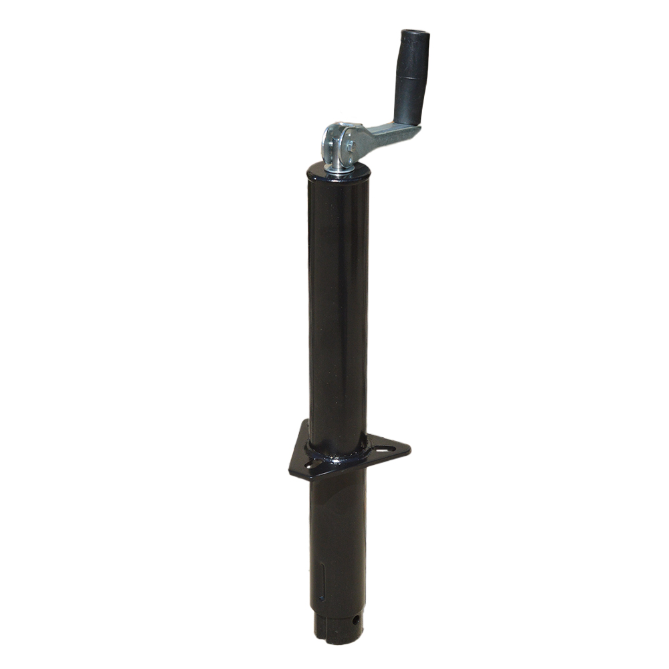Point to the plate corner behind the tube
[305, 423]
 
